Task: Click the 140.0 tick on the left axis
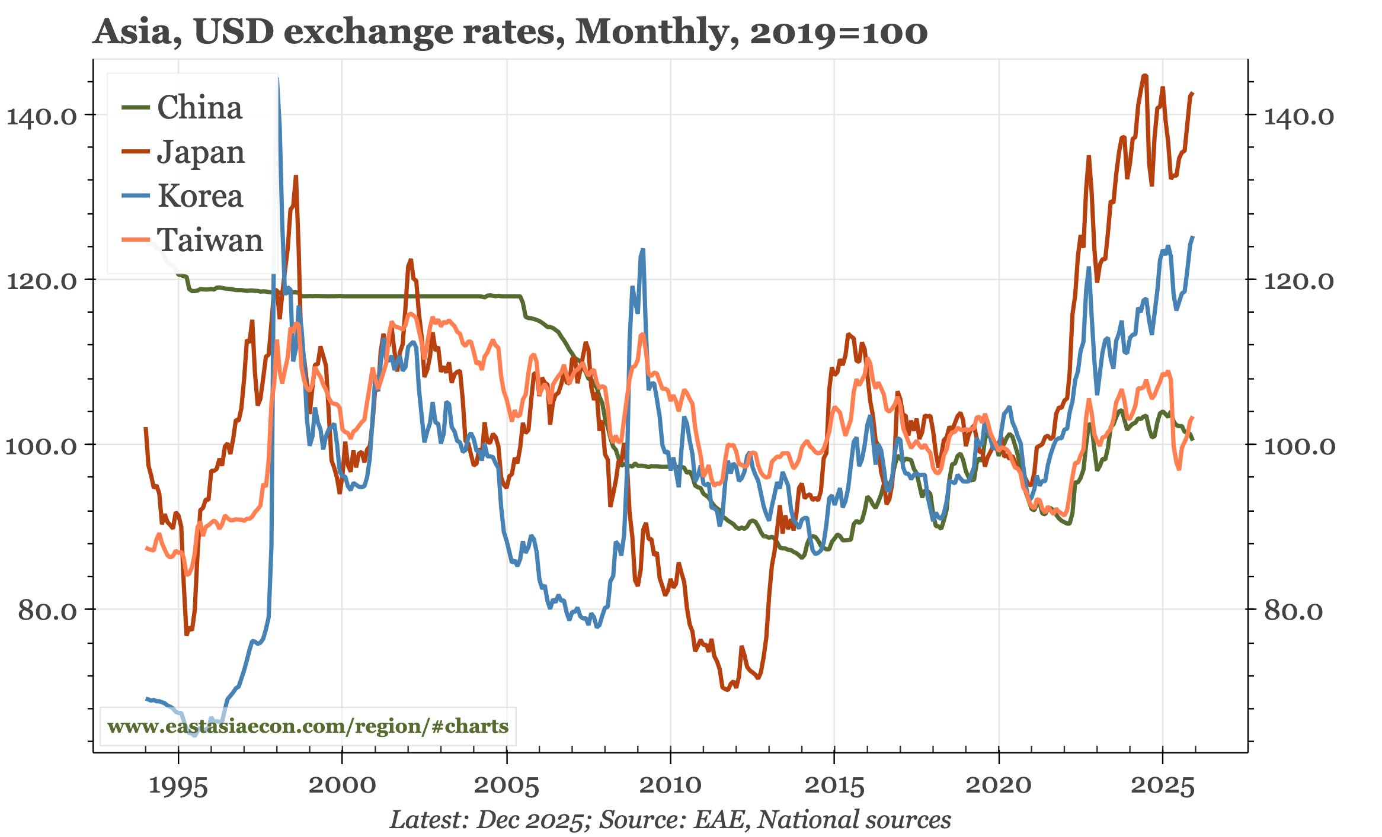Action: [41, 116]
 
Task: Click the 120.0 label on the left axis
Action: [41, 281]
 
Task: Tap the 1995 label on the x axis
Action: [178, 786]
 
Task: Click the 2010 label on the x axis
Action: [670, 786]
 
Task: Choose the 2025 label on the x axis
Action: [1162, 786]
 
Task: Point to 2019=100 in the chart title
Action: [839, 33]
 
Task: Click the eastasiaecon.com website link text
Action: [308, 726]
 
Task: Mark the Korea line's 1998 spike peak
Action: [278, 79]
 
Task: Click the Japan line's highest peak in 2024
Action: [1145, 75]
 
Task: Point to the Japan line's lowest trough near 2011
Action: [727, 690]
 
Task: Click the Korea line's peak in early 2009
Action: [642, 249]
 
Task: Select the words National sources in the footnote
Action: [854, 820]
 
